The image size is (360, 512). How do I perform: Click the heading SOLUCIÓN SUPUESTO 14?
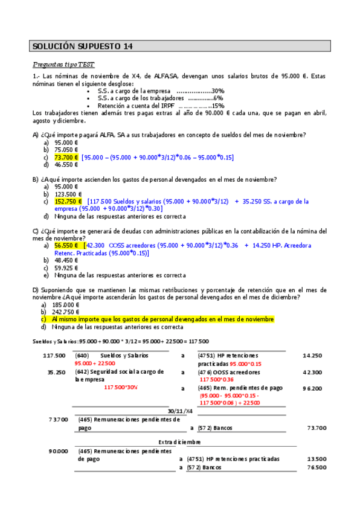pyautogui.click(x=82, y=46)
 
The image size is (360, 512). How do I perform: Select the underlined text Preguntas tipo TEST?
pyautogui.click(x=63, y=65)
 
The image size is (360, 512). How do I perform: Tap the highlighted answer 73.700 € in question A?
pyautogui.click(x=66, y=157)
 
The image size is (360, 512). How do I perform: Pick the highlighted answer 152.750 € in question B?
pyautogui.click(x=68, y=202)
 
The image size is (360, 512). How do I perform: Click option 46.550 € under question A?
pyautogui.click(x=66, y=164)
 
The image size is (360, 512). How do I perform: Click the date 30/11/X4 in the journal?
pyautogui.click(x=180, y=411)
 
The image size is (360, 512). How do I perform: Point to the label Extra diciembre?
pyautogui.click(x=179, y=441)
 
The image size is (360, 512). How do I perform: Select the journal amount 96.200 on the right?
pyautogui.click(x=312, y=388)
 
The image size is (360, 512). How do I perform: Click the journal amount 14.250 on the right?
pyautogui.click(x=312, y=356)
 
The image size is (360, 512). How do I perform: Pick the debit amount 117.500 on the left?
pyautogui.click(x=54, y=356)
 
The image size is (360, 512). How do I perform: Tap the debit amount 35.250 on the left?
pyautogui.click(x=56, y=373)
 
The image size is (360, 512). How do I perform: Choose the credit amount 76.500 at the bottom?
pyautogui.click(x=317, y=467)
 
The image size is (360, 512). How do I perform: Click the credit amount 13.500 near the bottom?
pyautogui.click(x=317, y=459)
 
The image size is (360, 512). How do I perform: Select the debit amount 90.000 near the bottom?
pyautogui.click(x=59, y=450)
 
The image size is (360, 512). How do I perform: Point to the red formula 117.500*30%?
pyautogui.click(x=121, y=388)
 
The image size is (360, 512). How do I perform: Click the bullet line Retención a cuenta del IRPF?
pyautogui.click(x=161, y=105)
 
